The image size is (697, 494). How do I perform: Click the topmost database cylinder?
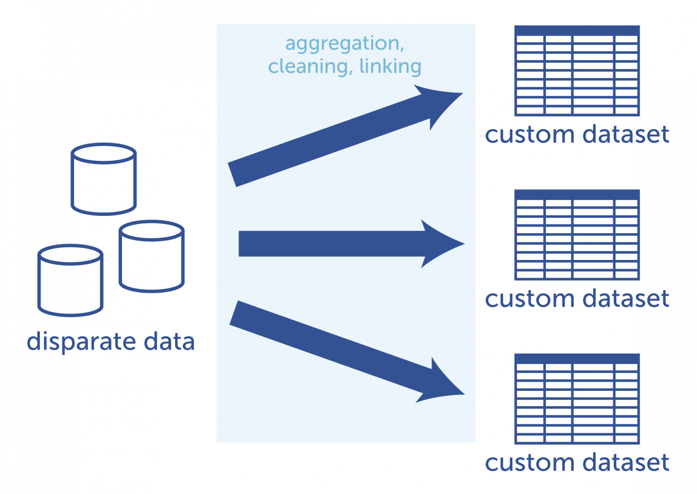click(x=103, y=179)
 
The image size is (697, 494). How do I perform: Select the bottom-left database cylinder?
click(x=70, y=280)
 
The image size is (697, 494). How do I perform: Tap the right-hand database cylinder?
click(x=152, y=256)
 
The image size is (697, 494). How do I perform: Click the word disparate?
click(x=81, y=342)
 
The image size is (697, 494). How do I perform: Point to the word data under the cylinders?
click(x=169, y=342)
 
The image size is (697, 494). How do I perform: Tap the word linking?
click(x=390, y=66)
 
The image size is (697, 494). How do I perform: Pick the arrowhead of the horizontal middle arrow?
click(x=442, y=244)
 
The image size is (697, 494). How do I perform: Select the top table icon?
click(x=577, y=71)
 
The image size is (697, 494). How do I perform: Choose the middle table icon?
click(x=577, y=235)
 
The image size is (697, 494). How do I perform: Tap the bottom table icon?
click(x=577, y=399)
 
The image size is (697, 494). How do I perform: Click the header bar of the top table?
click(x=577, y=30)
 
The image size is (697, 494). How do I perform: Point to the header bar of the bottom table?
click(x=577, y=359)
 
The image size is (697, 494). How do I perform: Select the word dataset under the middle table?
click(x=626, y=299)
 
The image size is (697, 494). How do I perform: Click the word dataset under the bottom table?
click(x=626, y=463)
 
